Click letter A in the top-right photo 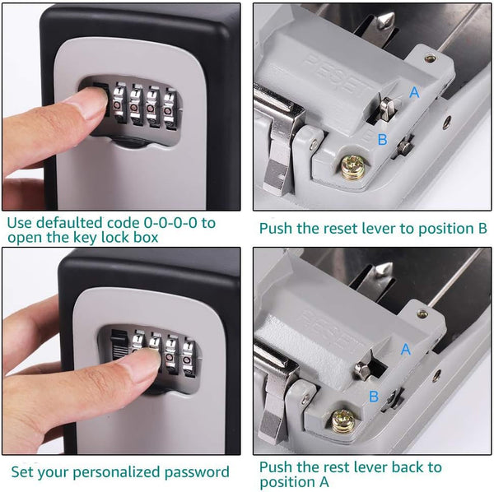[414, 93]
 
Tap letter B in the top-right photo [382, 140]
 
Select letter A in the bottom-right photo [405, 349]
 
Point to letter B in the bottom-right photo [373, 397]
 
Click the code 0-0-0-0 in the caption [175, 222]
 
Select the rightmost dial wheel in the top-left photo [171, 108]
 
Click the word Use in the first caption [23, 222]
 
